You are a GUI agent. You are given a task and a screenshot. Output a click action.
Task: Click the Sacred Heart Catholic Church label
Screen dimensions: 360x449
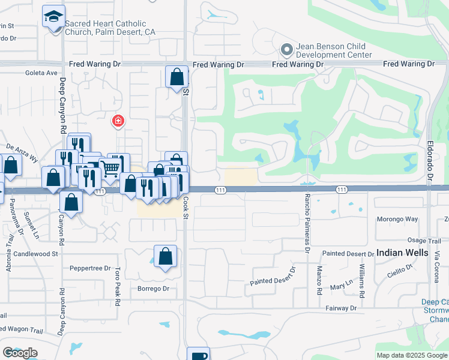(x=106, y=28)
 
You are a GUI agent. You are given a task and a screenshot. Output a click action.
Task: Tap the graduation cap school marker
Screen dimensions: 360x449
(x=54, y=17)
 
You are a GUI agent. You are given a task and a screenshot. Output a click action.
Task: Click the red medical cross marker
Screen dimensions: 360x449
(x=118, y=121)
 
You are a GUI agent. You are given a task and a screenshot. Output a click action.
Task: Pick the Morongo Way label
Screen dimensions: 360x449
(x=397, y=219)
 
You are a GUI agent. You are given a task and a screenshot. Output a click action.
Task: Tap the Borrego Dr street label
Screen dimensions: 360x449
(x=154, y=289)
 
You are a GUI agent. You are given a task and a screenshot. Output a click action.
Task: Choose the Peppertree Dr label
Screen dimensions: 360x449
(x=90, y=268)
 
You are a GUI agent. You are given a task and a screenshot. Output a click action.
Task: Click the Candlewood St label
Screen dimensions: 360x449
(x=38, y=254)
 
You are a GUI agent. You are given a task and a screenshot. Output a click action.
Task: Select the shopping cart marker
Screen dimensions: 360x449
(x=110, y=169)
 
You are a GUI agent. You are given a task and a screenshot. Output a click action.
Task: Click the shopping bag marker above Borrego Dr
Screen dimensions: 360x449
(x=166, y=256)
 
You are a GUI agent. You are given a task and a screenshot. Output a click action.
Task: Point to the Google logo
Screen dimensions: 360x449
(x=20, y=353)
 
